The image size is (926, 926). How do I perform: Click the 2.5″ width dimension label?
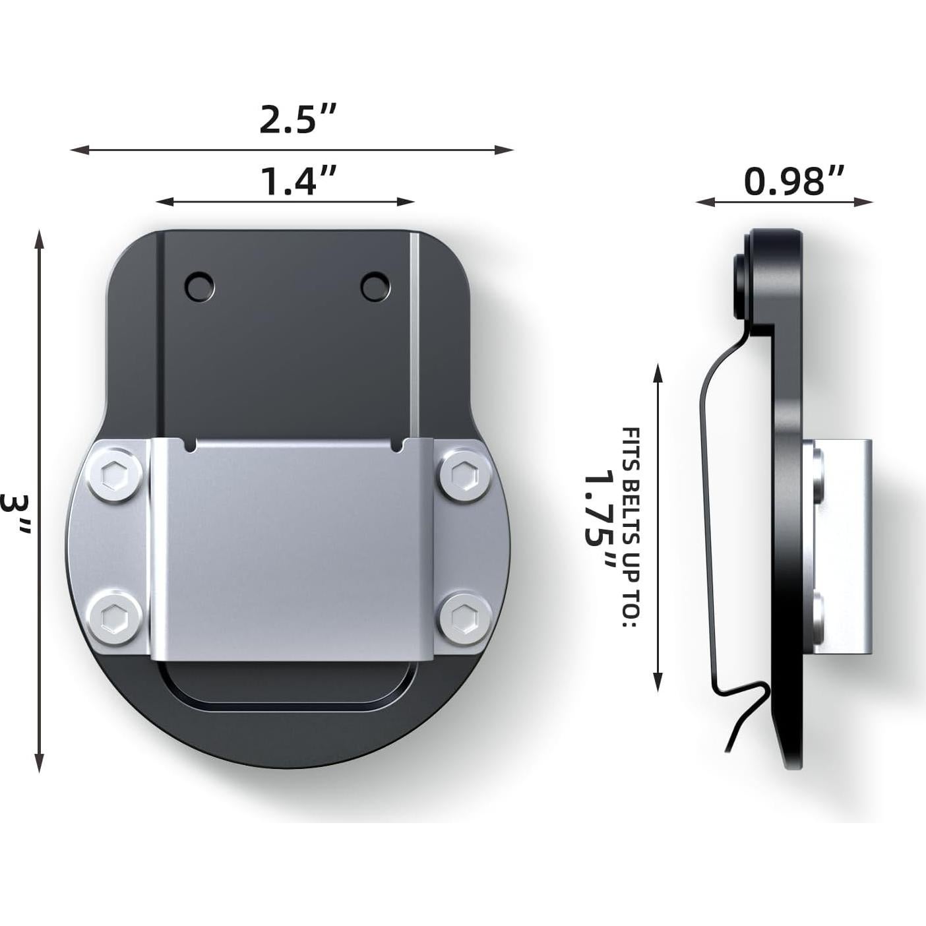click(297, 120)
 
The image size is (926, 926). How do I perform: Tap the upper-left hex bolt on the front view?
click(114, 474)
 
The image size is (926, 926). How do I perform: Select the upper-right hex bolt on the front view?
click(465, 475)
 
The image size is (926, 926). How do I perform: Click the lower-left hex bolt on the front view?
click(113, 618)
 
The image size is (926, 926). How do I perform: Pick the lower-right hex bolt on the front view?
click(465, 618)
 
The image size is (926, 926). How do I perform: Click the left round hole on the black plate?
click(199, 287)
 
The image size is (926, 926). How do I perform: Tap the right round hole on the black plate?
click(375, 287)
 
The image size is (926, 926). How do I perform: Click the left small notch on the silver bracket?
click(191, 447)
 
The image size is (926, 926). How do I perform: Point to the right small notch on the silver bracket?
click(397, 447)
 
